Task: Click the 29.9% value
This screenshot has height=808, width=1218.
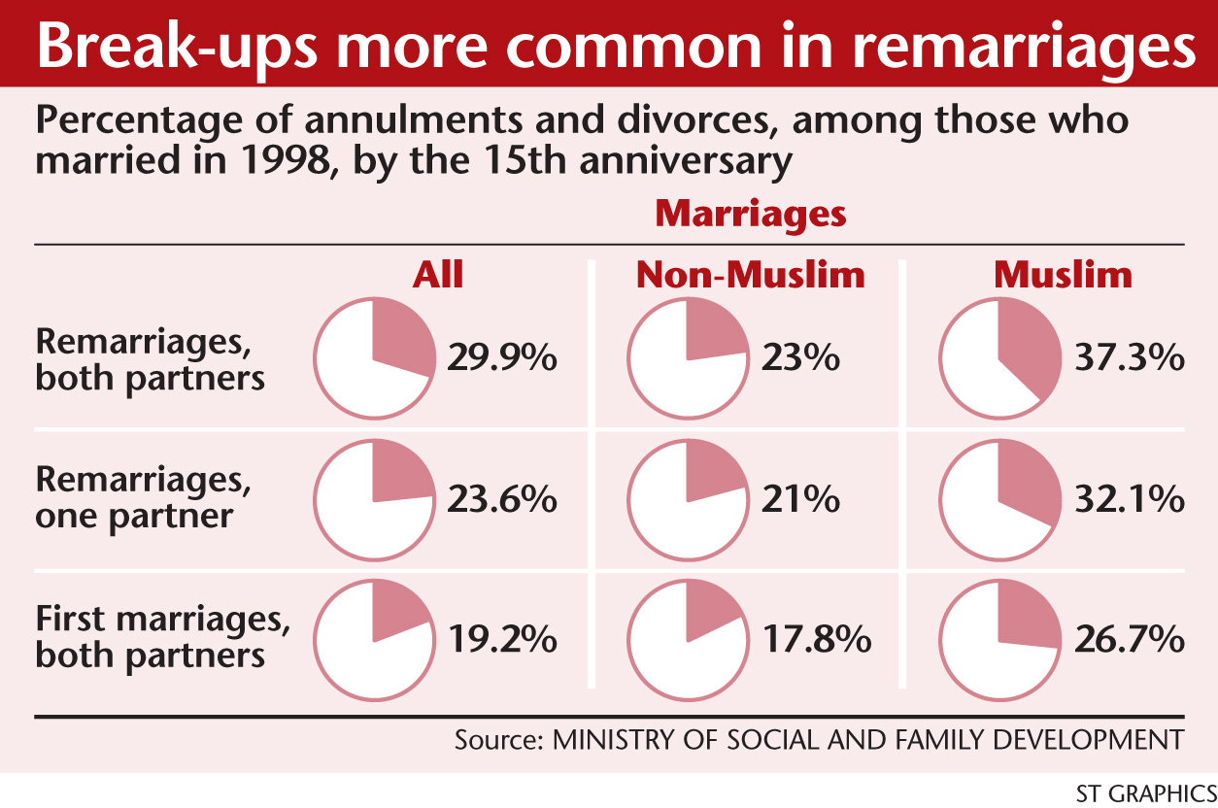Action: (502, 358)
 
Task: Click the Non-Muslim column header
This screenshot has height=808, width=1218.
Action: (750, 276)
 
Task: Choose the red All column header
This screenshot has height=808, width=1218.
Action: (438, 276)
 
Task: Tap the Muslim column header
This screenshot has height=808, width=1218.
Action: (1063, 276)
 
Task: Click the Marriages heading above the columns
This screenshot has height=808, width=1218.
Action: (750, 214)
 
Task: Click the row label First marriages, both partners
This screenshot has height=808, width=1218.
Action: (151, 636)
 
